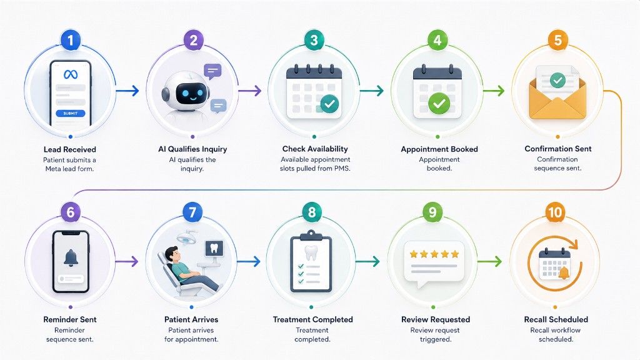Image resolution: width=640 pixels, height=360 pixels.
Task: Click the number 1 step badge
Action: [70, 40]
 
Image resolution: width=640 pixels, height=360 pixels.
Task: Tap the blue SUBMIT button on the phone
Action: [70, 113]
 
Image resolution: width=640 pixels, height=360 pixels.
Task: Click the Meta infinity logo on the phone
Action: [71, 74]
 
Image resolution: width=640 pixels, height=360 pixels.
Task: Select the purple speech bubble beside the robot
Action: [212, 72]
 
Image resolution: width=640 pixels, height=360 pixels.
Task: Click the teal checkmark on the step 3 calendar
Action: [329, 104]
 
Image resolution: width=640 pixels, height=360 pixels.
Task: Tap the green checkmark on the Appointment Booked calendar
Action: [439, 103]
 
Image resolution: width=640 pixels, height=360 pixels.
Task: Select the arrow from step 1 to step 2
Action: [127, 91]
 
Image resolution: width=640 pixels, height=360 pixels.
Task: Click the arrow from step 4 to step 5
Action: [494, 91]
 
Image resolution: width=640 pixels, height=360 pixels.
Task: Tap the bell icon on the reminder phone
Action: [71, 258]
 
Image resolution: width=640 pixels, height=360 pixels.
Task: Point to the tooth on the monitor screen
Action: [214, 247]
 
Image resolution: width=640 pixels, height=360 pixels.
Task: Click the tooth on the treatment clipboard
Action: [311, 253]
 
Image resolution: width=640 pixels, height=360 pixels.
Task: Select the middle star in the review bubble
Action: [434, 254]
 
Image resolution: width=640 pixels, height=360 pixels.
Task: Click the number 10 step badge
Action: [555, 212]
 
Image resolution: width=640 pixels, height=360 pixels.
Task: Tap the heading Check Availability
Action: [315, 149]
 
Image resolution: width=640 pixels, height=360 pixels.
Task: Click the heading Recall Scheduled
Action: [556, 319]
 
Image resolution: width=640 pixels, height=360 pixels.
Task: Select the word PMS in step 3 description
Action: [342, 168]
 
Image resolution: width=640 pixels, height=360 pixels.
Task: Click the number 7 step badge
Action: [192, 212]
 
